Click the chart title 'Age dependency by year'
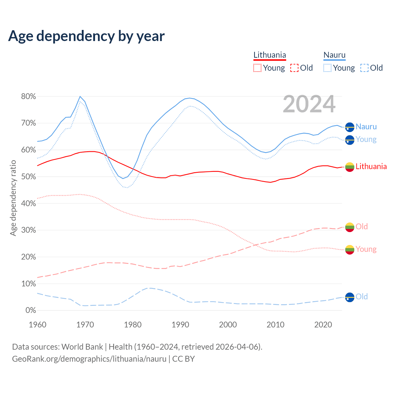(x=86, y=36)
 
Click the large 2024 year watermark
(x=309, y=104)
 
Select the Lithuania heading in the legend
(x=270, y=55)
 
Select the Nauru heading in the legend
(x=335, y=55)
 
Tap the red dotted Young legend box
(x=257, y=68)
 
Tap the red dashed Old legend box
(x=294, y=68)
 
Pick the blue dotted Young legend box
(x=327, y=68)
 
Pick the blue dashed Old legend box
(x=364, y=68)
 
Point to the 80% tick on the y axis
(x=28, y=97)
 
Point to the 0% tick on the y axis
(x=31, y=310)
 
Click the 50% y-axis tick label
(x=28, y=177)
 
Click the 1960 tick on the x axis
(x=37, y=325)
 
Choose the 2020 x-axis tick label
(x=323, y=325)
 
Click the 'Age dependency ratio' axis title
(x=13, y=198)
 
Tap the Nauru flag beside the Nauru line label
(x=350, y=127)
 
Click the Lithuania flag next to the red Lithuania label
(x=350, y=167)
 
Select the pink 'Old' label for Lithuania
(x=362, y=227)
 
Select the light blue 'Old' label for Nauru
(x=362, y=297)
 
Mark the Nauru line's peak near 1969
(x=80, y=97)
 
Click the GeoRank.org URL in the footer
(x=89, y=359)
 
